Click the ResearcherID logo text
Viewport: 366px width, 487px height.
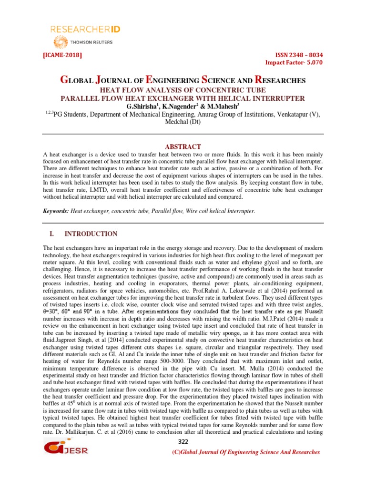85,29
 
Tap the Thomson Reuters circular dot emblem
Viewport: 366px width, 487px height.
61,42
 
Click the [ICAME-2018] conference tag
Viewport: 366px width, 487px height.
62,55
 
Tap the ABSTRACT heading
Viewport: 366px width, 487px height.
183,146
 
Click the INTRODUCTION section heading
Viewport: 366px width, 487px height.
91,234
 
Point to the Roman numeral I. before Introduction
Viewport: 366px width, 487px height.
53,234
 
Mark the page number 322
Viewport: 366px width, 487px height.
183,443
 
